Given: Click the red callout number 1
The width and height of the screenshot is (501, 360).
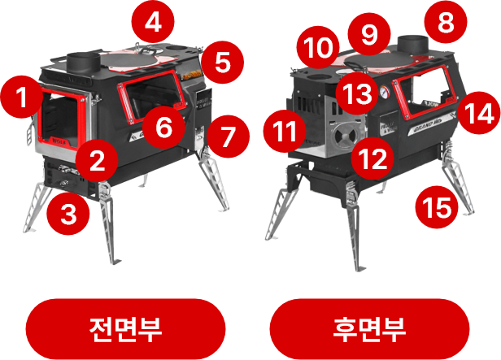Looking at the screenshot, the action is pyautogui.click(x=22, y=97).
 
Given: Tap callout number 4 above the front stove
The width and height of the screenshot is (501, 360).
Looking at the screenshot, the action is pyautogui.click(x=153, y=22).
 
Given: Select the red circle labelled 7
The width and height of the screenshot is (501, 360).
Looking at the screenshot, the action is pyautogui.click(x=228, y=137).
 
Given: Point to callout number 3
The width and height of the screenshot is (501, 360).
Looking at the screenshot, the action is pyautogui.click(x=68, y=214).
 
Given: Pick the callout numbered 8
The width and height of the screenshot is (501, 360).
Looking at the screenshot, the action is pyautogui.click(x=446, y=22).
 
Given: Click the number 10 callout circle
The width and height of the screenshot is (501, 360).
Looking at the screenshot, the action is pyautogui.click(x=318, y=47).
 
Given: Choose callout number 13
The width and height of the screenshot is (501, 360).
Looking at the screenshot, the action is pyautogui.click(x=357, y=93).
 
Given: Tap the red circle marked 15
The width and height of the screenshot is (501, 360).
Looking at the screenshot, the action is pyautogui.click(x=437, y=207).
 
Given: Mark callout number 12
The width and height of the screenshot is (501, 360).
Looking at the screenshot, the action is pyautogui.click(x=372, y=158).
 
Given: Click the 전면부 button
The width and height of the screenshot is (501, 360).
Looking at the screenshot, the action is pyautogui.click(x=125, y=329).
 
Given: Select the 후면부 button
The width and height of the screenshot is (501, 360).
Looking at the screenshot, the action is pyautogui.click(x=369, y=329).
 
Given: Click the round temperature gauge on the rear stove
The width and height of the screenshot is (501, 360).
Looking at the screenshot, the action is pyautogui.click(x=385, y=92).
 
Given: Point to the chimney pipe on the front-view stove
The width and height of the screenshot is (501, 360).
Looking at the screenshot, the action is pyautogui.click(x=84, y=63).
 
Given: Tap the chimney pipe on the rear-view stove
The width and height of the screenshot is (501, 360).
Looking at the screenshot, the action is pyautogui.click(x=413, y=45).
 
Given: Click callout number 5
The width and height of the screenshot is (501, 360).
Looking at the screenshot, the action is pyautogui.click(x=222, y=62).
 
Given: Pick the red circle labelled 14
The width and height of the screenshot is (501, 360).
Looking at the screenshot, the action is pyautogui.click(x=478, y=113).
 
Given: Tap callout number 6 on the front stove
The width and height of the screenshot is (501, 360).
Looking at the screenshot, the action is pyautogui.click(x=163, y=127).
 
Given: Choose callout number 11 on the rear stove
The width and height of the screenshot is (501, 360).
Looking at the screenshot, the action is pyautogui.click(x=285, y=131).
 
